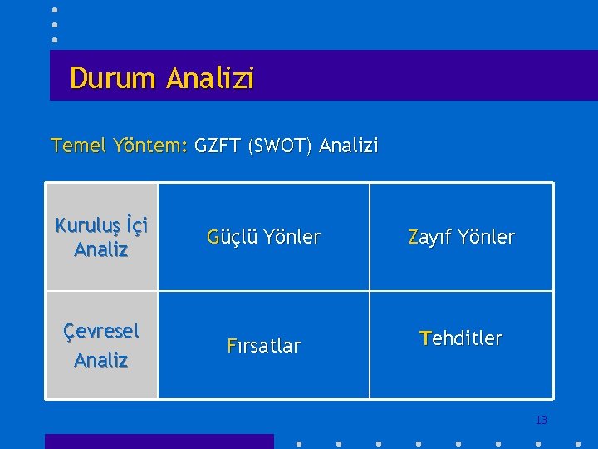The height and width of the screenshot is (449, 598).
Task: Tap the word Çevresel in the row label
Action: (x=101, y=330)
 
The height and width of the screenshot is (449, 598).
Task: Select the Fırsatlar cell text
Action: (x=263, y=346)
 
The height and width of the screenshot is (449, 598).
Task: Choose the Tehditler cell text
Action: (x=461, y=338)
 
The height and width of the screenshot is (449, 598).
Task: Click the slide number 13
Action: (x=541, y=420)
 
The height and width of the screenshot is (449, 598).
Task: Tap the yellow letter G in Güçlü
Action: (x=213, y=238)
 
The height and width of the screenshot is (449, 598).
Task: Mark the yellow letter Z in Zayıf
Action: (x=413, y=238)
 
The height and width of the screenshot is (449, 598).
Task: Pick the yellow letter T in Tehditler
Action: (x=425, y=338)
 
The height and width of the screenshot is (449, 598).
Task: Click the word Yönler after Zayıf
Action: (x=486, y=238)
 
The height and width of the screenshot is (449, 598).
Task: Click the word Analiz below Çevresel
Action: (x=100, y=360)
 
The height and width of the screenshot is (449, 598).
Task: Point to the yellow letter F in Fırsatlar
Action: (x=231, y=346)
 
